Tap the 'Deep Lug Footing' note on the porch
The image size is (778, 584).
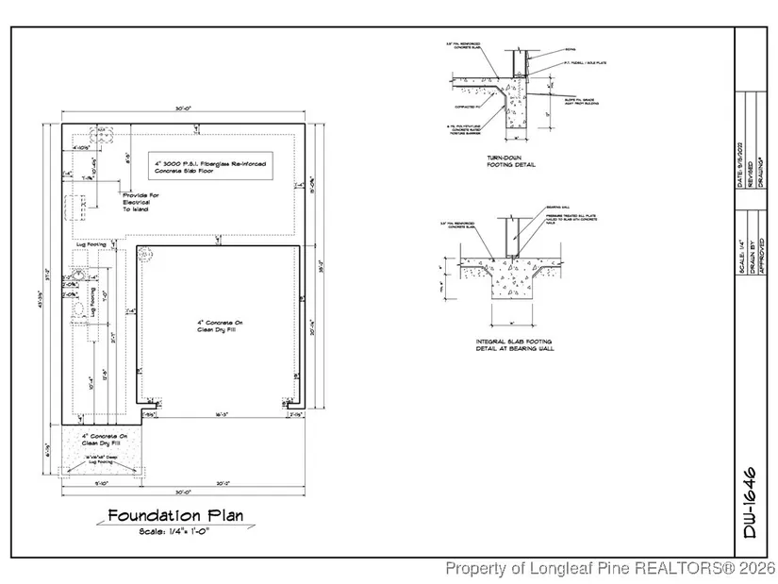[101, 460]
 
